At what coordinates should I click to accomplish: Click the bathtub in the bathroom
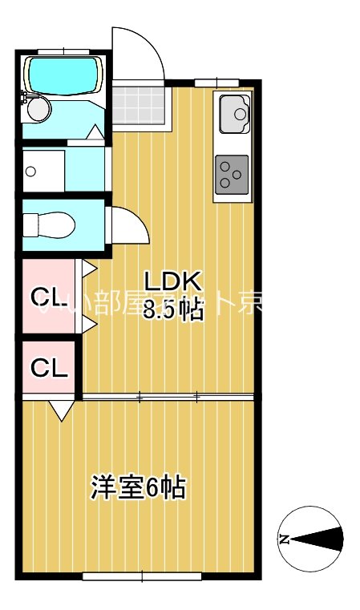point(61,74)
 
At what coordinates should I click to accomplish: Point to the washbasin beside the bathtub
point(38,107)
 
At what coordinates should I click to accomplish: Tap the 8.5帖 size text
point(172,309)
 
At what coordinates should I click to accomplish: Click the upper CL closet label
point(47,298)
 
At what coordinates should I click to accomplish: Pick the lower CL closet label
point(49,368)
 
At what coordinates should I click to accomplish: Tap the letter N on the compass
point(283,539)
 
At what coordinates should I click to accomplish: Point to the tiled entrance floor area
point(140,105)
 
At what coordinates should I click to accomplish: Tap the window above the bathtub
point(62,51)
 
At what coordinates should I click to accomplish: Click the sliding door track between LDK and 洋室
point(168,397)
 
